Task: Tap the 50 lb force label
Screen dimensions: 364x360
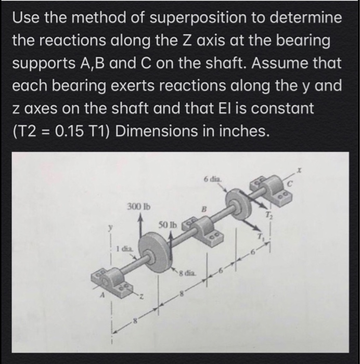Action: [169, 226]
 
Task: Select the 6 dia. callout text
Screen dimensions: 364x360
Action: [214, 178]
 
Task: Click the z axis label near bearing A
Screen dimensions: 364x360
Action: [140, 296]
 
